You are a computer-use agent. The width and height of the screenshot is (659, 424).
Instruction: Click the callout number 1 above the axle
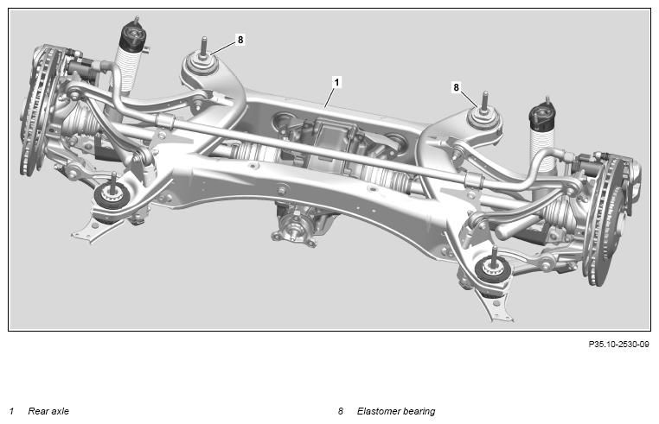pyautogui.click(x=336, y=82)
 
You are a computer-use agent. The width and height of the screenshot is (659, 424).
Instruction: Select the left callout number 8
pyautogui.click(x=240, y=40)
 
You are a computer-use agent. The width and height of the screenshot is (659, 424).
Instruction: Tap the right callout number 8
pyautogui.click(x=456, y=88)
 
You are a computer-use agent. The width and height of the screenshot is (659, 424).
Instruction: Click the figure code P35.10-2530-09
pyautogui.click(x=618, y=345)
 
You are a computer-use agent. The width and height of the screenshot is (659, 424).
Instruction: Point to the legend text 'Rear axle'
pyautogui.click(x=48, y=411)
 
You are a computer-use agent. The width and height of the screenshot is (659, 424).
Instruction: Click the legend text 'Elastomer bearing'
pyautogui.click(x=396, y=411)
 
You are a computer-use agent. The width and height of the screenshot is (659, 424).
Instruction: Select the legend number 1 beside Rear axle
pyautogui.click(x=11, y=411)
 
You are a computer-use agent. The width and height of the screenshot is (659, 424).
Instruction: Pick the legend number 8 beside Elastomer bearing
pyautogui.click(x=341, y=411)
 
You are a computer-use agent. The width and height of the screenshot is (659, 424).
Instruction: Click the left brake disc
pyautogui.click(x=39, y=109)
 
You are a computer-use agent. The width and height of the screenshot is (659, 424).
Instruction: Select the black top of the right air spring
pyautogui.click(x=542, y=117)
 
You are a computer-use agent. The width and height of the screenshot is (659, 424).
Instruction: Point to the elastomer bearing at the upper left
pyautogui.click(x=202, y=62)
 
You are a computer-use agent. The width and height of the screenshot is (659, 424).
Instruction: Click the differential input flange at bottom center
pyautogui.click(x=294, y=230)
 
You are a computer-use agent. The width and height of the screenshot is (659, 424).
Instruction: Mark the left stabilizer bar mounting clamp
pyautogui.click(x=164, y=121)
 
